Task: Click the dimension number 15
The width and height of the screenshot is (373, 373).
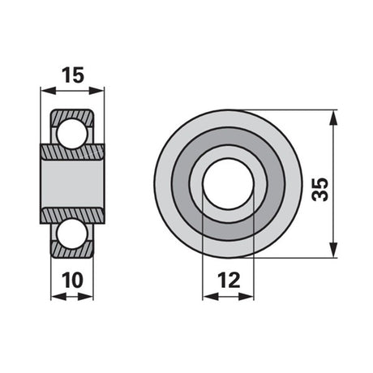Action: pos(73,75)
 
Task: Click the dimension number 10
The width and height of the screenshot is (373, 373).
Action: pos(72,281)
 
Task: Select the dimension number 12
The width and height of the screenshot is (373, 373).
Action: pos(229,281)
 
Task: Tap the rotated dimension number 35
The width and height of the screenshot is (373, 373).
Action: pos(319,189)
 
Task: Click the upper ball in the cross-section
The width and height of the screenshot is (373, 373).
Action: pos(72,134)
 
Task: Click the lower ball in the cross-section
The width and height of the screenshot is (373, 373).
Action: pos(72,234)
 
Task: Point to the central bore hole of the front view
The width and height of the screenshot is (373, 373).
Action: pos(229,184)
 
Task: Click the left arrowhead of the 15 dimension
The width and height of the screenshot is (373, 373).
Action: pos(48,91)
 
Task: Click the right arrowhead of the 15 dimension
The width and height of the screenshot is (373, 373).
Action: pos(96,91)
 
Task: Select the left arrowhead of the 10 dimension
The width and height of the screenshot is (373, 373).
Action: pos(58,297)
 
